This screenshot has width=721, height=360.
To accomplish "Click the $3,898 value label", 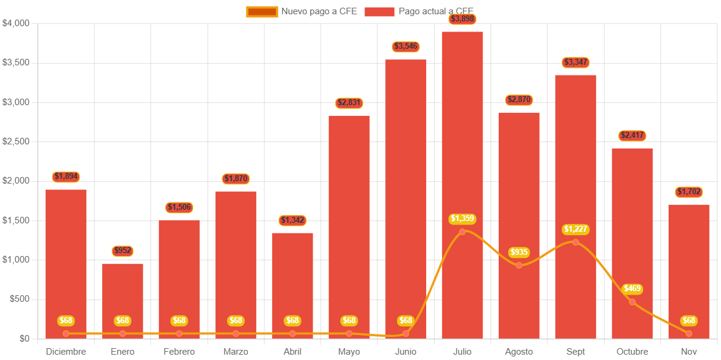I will tap(462, 19).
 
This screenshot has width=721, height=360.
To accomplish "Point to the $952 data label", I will tap(122, 251).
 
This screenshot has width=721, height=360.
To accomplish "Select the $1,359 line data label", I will tap(462, 219).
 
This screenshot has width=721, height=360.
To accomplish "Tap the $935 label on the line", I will tap(519, 252).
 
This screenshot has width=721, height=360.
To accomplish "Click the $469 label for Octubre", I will tap(632, 289).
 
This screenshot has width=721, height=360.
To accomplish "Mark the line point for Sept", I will tap(575, 242).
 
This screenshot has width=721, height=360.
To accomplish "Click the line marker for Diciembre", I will tap(66, 333).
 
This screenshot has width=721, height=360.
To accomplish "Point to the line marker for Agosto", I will tap(519, 265).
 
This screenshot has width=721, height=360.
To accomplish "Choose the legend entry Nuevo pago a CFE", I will tap(302, 11).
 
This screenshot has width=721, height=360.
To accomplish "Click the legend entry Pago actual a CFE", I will tap(419, 11).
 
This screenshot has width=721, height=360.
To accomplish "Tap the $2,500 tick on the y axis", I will tap(16, 141).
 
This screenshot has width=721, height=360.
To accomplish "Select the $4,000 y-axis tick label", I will tap(16, 23).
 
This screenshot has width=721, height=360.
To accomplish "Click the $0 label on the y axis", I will tap(24, 339).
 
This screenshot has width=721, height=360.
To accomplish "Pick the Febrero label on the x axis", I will tap(179, 352).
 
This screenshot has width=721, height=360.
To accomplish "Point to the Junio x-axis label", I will tap(405, 352).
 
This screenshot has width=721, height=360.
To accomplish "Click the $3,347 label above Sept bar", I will tap(575, 62).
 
